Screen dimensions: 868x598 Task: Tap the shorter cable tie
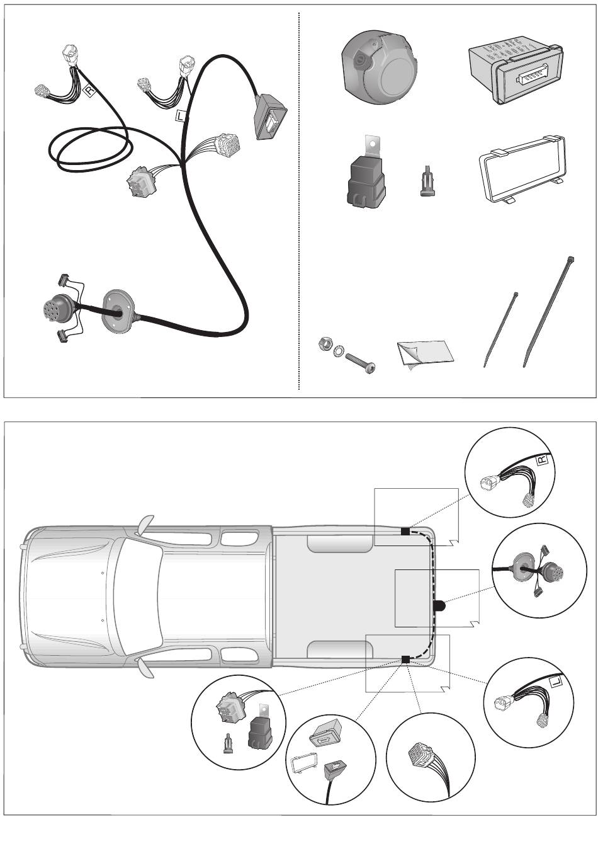tap(500, 328)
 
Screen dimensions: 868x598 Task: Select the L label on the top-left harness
tap(181, 115)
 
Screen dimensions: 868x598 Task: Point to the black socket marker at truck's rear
tap(439, 605)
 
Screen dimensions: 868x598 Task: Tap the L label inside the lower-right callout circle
tap(556, 683)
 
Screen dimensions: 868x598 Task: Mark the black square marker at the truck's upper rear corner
tap(405, 531)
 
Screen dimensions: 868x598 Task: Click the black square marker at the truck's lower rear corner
tap(405, 660)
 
